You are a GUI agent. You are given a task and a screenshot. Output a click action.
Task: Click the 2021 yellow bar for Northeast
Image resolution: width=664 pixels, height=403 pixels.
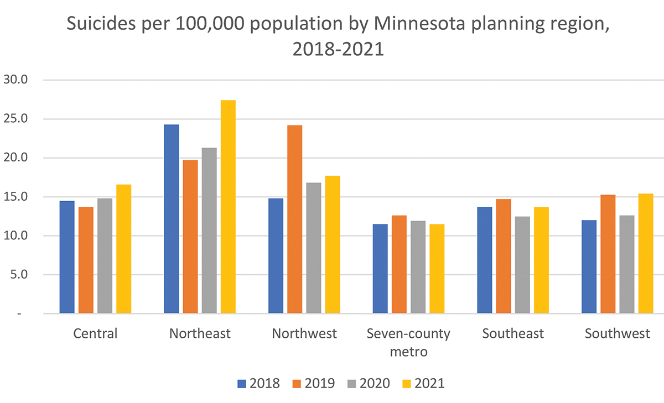(228, 207)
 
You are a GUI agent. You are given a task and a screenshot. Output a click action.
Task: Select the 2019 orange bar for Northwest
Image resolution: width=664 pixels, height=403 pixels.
(295, 219)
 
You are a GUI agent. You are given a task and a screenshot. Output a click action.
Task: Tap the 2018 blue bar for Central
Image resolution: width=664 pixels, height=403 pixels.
(67, 257)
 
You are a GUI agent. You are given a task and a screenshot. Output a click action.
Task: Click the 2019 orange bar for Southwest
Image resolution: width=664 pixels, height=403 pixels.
(608, 254)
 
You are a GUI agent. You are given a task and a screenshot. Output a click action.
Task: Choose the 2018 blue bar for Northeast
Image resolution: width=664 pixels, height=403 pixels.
(172, 219)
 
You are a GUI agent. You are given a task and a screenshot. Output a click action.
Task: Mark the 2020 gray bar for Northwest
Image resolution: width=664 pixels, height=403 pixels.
(314, 248)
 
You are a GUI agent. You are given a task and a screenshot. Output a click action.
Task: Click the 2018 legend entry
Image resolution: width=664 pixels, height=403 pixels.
(258, 383)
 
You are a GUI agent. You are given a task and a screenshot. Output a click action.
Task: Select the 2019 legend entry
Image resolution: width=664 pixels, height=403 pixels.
(313, 383)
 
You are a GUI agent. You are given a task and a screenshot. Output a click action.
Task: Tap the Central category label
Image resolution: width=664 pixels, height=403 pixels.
(95, 334)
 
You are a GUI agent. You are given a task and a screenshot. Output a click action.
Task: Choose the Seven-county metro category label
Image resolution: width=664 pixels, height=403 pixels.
(408, 342)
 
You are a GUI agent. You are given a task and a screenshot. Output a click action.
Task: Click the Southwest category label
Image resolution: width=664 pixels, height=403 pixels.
(617, 334)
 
